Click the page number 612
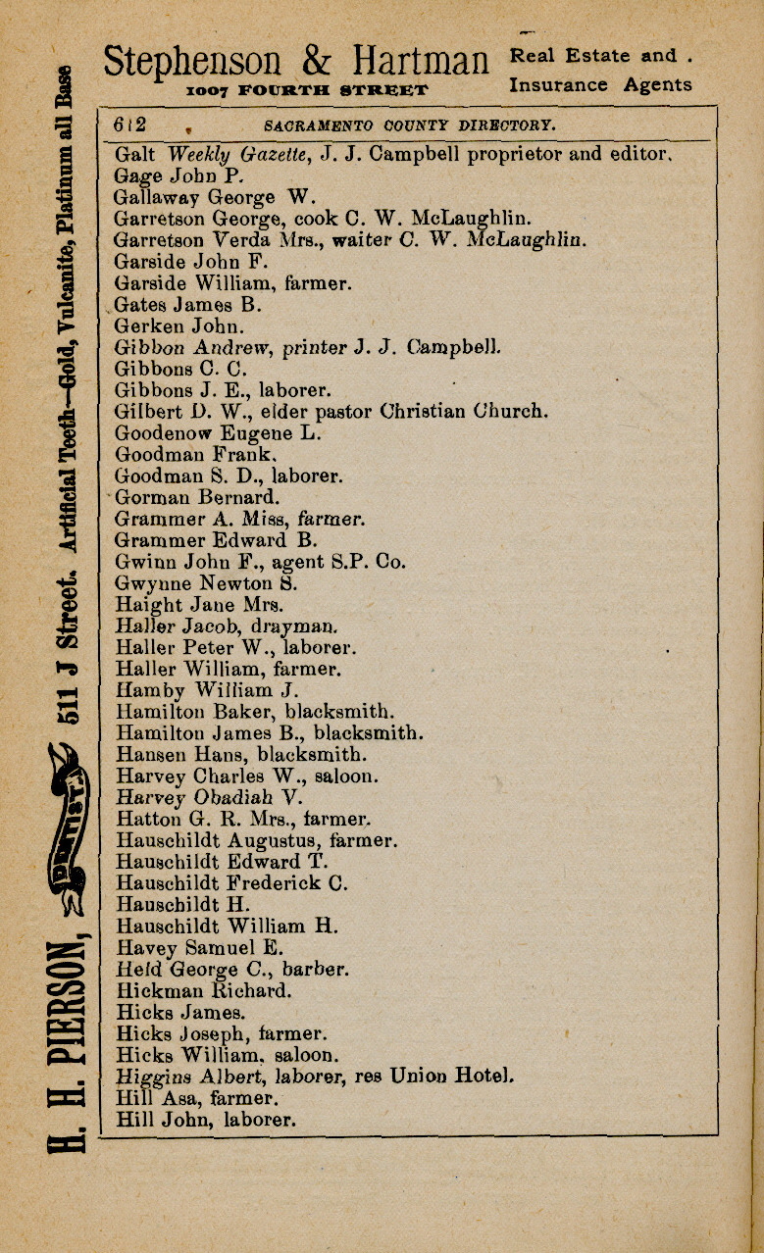click(130, 125)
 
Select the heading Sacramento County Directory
click(410, 125)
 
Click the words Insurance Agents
click(600, 85)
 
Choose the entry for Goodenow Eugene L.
click(218, 433)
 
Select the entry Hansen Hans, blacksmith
click(241, 756)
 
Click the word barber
click(314, 971)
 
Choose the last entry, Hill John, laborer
click(205, 1120)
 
